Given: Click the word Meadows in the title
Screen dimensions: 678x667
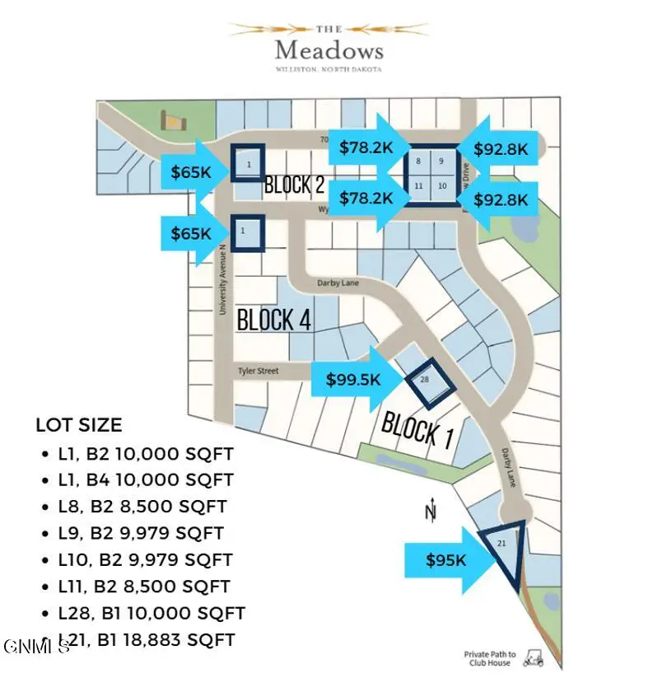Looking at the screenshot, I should point(329,50).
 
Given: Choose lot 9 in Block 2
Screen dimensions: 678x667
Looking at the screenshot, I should point(441,161).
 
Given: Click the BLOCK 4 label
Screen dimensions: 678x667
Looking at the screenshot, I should point(273,320).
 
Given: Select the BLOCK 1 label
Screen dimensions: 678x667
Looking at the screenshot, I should point(417,428).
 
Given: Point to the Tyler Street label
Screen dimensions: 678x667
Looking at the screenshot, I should point(258,372).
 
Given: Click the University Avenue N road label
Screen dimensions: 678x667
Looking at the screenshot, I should point(222,279).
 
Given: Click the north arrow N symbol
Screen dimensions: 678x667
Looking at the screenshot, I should point(429,512).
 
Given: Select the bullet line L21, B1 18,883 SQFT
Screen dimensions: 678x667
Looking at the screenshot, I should point(148,639).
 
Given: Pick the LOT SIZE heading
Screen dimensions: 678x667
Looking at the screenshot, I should point(78,426).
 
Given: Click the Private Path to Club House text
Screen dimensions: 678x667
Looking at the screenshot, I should point(487,658).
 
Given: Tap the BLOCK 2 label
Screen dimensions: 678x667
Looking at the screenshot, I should point(293,185).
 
